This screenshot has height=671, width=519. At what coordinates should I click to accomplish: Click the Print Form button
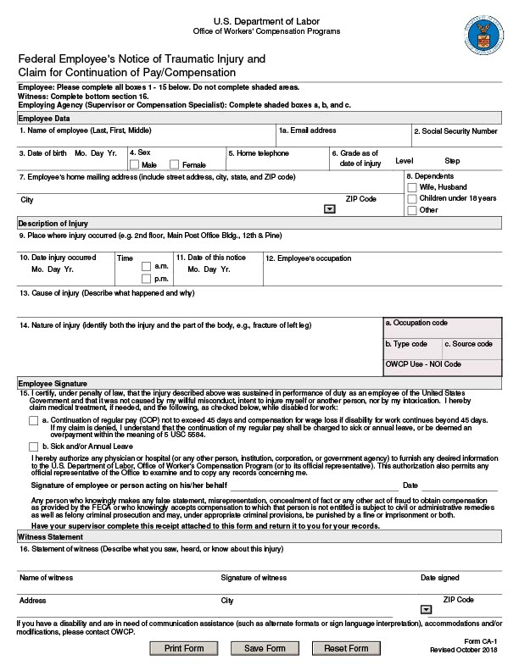(x=184, y=648)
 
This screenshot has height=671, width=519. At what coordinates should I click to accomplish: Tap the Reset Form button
(x=346, y=648)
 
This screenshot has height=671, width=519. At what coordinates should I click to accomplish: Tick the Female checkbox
(x=175, y=164)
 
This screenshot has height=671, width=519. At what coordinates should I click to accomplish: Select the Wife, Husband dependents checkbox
(x=412, y=187)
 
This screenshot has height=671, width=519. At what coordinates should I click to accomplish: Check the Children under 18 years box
(x=412, y=198)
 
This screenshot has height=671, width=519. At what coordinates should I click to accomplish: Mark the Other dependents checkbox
(x=412, y=210)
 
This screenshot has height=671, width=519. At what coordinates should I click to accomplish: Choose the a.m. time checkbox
(x=146, y=266)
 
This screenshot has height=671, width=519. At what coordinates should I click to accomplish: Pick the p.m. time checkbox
(x=146, y=278)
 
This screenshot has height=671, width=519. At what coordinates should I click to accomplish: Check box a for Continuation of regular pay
(x=33, y=420)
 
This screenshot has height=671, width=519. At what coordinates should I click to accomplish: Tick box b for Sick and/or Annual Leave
(x=33, y=446)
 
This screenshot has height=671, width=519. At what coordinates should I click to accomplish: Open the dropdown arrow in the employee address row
(x=329, y=208)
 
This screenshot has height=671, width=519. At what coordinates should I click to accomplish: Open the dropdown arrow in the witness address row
(x=426, y=609)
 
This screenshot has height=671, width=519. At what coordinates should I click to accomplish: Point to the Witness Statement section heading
(x=50, y=537)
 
